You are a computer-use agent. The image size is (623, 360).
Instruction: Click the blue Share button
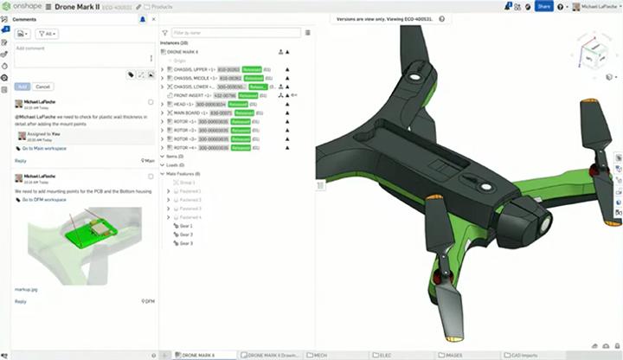coord(543,6)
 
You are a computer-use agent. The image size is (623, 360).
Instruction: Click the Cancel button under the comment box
coord(42,87)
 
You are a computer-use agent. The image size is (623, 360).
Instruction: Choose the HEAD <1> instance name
coord(183,104)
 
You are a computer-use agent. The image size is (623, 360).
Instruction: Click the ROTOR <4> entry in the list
coord(184,148)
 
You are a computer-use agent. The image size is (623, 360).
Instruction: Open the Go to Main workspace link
coord(44,148)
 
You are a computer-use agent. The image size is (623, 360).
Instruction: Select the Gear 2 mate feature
coord(185,235)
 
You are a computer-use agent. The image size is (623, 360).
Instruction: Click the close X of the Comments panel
coord(154,18)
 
